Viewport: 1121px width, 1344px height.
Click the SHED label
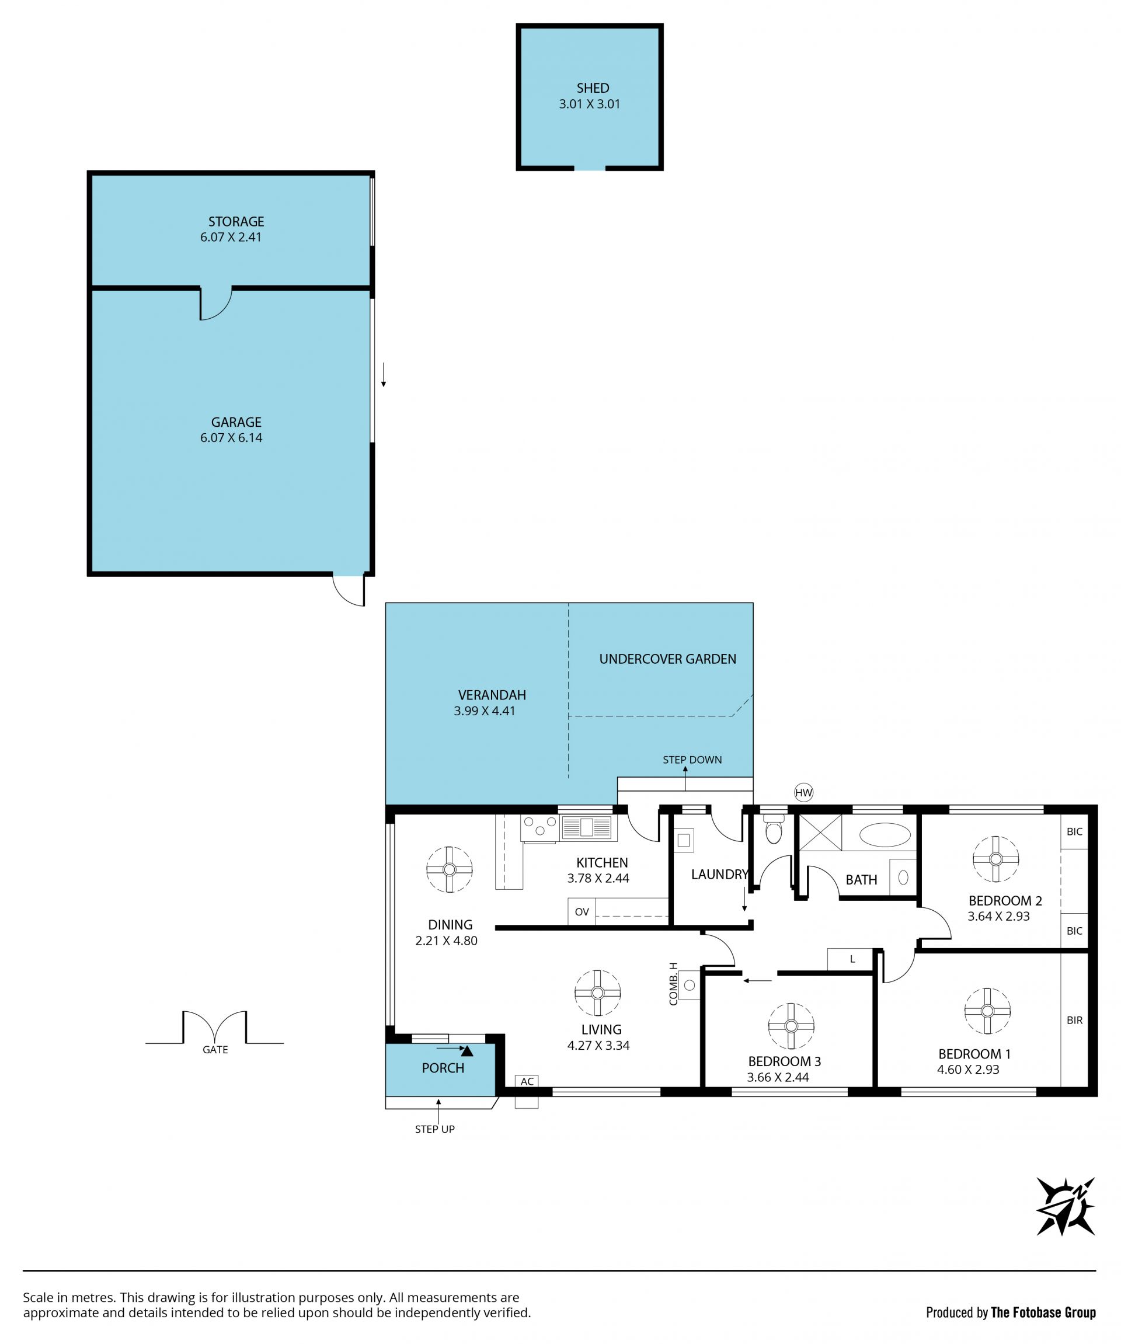593,88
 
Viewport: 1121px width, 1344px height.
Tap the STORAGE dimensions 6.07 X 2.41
231,238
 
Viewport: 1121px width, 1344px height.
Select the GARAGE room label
236,422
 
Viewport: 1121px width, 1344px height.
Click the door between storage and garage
215,304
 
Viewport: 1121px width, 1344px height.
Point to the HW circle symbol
803,793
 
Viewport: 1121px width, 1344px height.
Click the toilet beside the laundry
774,830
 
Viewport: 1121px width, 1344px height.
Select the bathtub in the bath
885,835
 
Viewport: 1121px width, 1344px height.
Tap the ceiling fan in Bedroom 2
995,859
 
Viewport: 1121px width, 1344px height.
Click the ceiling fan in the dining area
449,869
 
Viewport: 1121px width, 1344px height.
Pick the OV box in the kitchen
582,911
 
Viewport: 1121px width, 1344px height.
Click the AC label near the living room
527,1082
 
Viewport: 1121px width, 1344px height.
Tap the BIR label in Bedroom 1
1074,1020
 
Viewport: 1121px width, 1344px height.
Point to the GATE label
215,1050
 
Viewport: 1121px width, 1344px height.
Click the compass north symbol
1066,1206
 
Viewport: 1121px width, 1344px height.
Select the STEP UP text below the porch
435,1129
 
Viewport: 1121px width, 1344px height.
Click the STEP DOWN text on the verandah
692,760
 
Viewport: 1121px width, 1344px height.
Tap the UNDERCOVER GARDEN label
667,659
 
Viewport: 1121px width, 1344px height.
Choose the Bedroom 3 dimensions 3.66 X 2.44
778,1078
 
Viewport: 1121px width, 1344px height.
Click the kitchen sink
586,827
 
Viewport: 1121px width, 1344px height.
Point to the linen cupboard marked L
852,959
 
